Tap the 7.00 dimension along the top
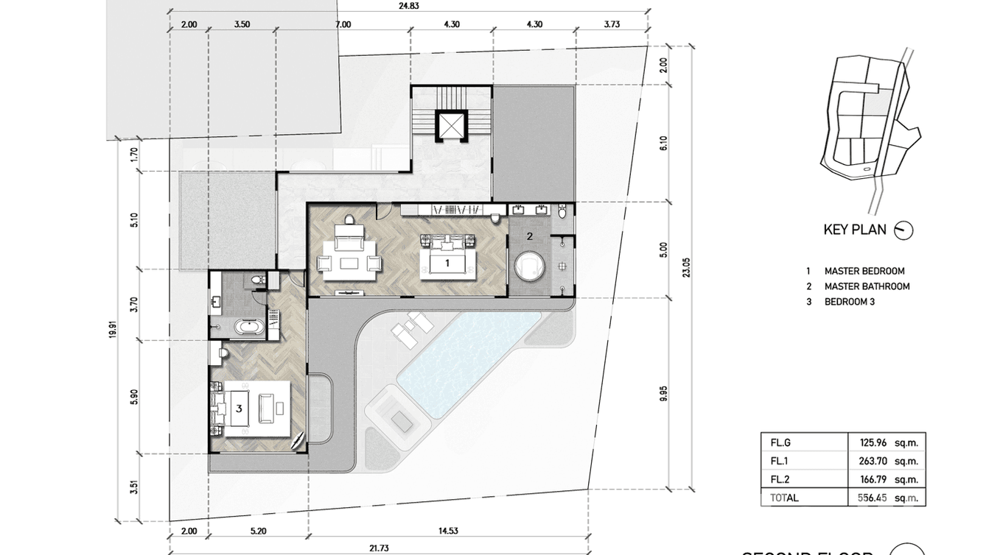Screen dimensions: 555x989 343,24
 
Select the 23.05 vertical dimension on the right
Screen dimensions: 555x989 686,270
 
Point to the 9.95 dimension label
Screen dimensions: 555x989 663,394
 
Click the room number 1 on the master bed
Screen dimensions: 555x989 446,262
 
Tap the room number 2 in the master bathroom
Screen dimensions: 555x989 530,236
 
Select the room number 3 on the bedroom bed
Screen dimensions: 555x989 239,407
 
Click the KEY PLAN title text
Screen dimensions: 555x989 855,230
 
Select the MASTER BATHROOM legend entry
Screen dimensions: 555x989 867,286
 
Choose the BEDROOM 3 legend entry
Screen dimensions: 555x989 849,302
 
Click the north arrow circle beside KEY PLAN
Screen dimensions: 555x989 903,230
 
